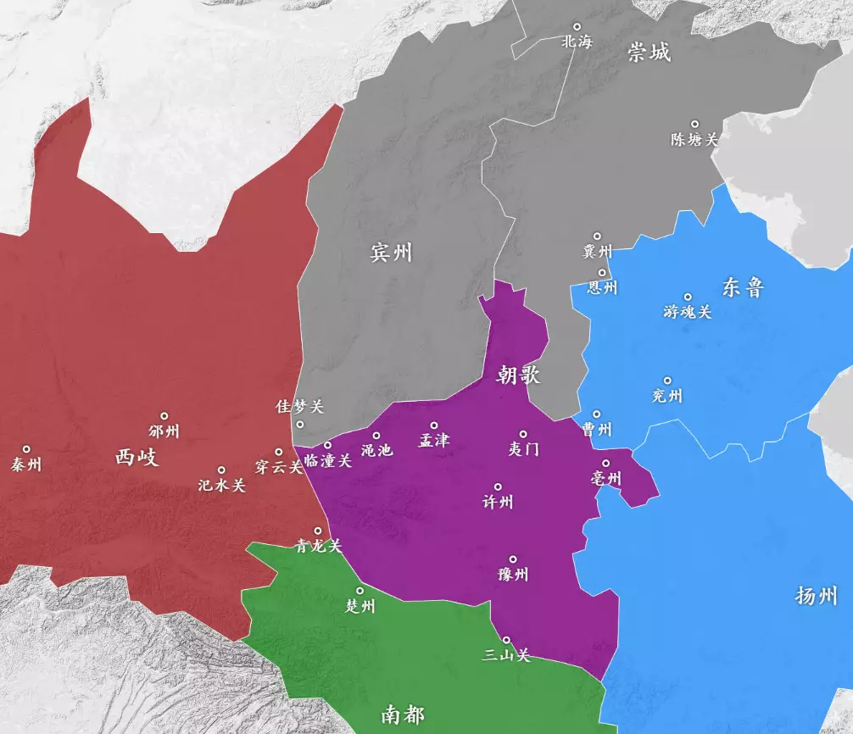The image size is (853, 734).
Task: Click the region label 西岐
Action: (137, 458)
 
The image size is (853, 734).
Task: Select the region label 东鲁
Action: (743, 287)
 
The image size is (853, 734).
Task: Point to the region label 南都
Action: (402, 715)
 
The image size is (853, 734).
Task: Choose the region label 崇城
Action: (649, 53)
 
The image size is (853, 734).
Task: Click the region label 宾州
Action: (391, 252)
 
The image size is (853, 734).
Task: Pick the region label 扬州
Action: (817, 595)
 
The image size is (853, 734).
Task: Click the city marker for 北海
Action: (577, 26)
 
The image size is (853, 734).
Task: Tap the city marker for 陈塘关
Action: (694, 125)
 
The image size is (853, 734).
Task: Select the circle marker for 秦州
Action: (26, 449)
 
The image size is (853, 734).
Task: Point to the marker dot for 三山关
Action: (506, 640)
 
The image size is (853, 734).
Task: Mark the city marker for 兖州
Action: (667, 381)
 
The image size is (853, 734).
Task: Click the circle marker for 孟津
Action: (434, 425)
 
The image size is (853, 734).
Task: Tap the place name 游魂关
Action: (688, 312)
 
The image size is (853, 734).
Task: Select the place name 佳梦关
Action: (300, 407)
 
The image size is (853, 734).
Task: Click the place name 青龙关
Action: (318, 546)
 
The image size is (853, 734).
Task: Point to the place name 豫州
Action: (513, 575)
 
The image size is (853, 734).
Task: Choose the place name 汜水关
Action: (221, 486)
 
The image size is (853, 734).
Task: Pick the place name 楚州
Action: (360, 606)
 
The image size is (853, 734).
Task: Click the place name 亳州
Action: (606, 479)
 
